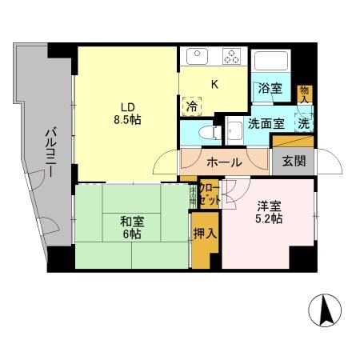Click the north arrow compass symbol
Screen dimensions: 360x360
[326, 310]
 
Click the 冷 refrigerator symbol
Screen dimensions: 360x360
[193, 106]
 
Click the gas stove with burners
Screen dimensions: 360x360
[234, 57]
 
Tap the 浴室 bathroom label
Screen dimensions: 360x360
[270, 90]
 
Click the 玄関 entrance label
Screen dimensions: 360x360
[293, 160]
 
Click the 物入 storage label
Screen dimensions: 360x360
[303, 94]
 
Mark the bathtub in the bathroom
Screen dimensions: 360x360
[270, 63]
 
